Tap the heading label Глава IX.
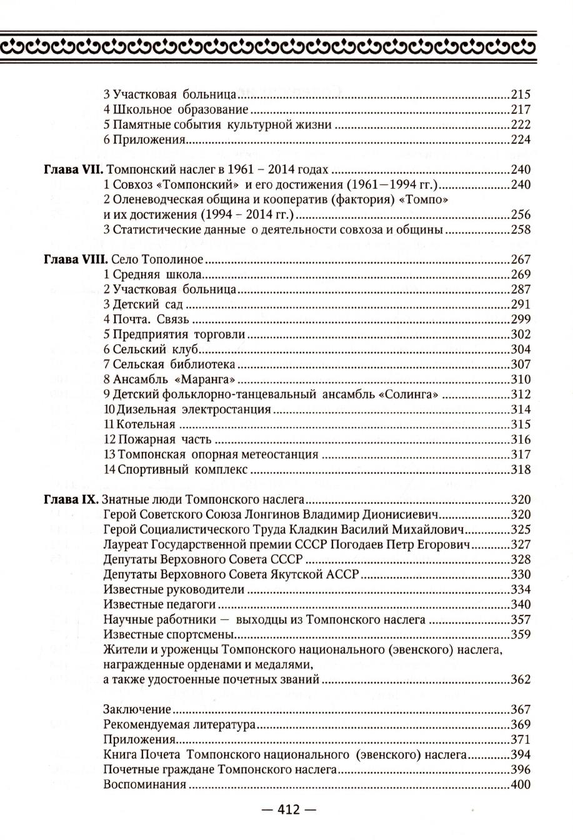67,499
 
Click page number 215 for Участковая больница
520,95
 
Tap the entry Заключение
137,709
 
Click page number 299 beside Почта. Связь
520,319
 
